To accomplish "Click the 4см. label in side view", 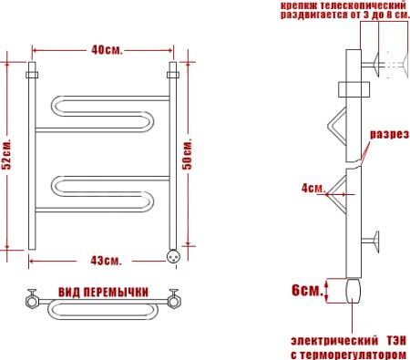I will pyautogui.click(x=312, y=189).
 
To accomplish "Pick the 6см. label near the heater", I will pyautogui.click(x=306, y=291).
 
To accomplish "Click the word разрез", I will pyautogui.click(x=386, y=134).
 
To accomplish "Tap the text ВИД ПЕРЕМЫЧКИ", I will pyautogui.click(x=103, y=291).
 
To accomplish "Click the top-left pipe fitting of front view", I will pyautogui.click(x=33, y=70).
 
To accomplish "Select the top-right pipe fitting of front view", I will pyautogui.click(x=170, y=70).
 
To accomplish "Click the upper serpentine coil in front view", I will pyautogui.click(x=100, y=114).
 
